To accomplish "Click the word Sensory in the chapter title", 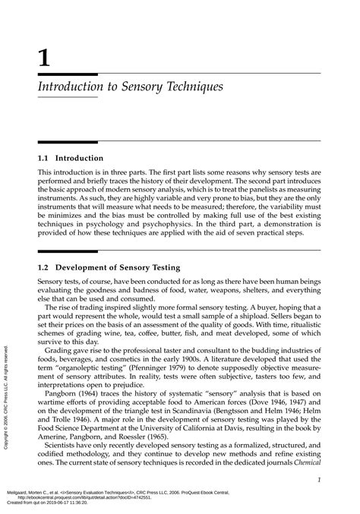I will (136, 87).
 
